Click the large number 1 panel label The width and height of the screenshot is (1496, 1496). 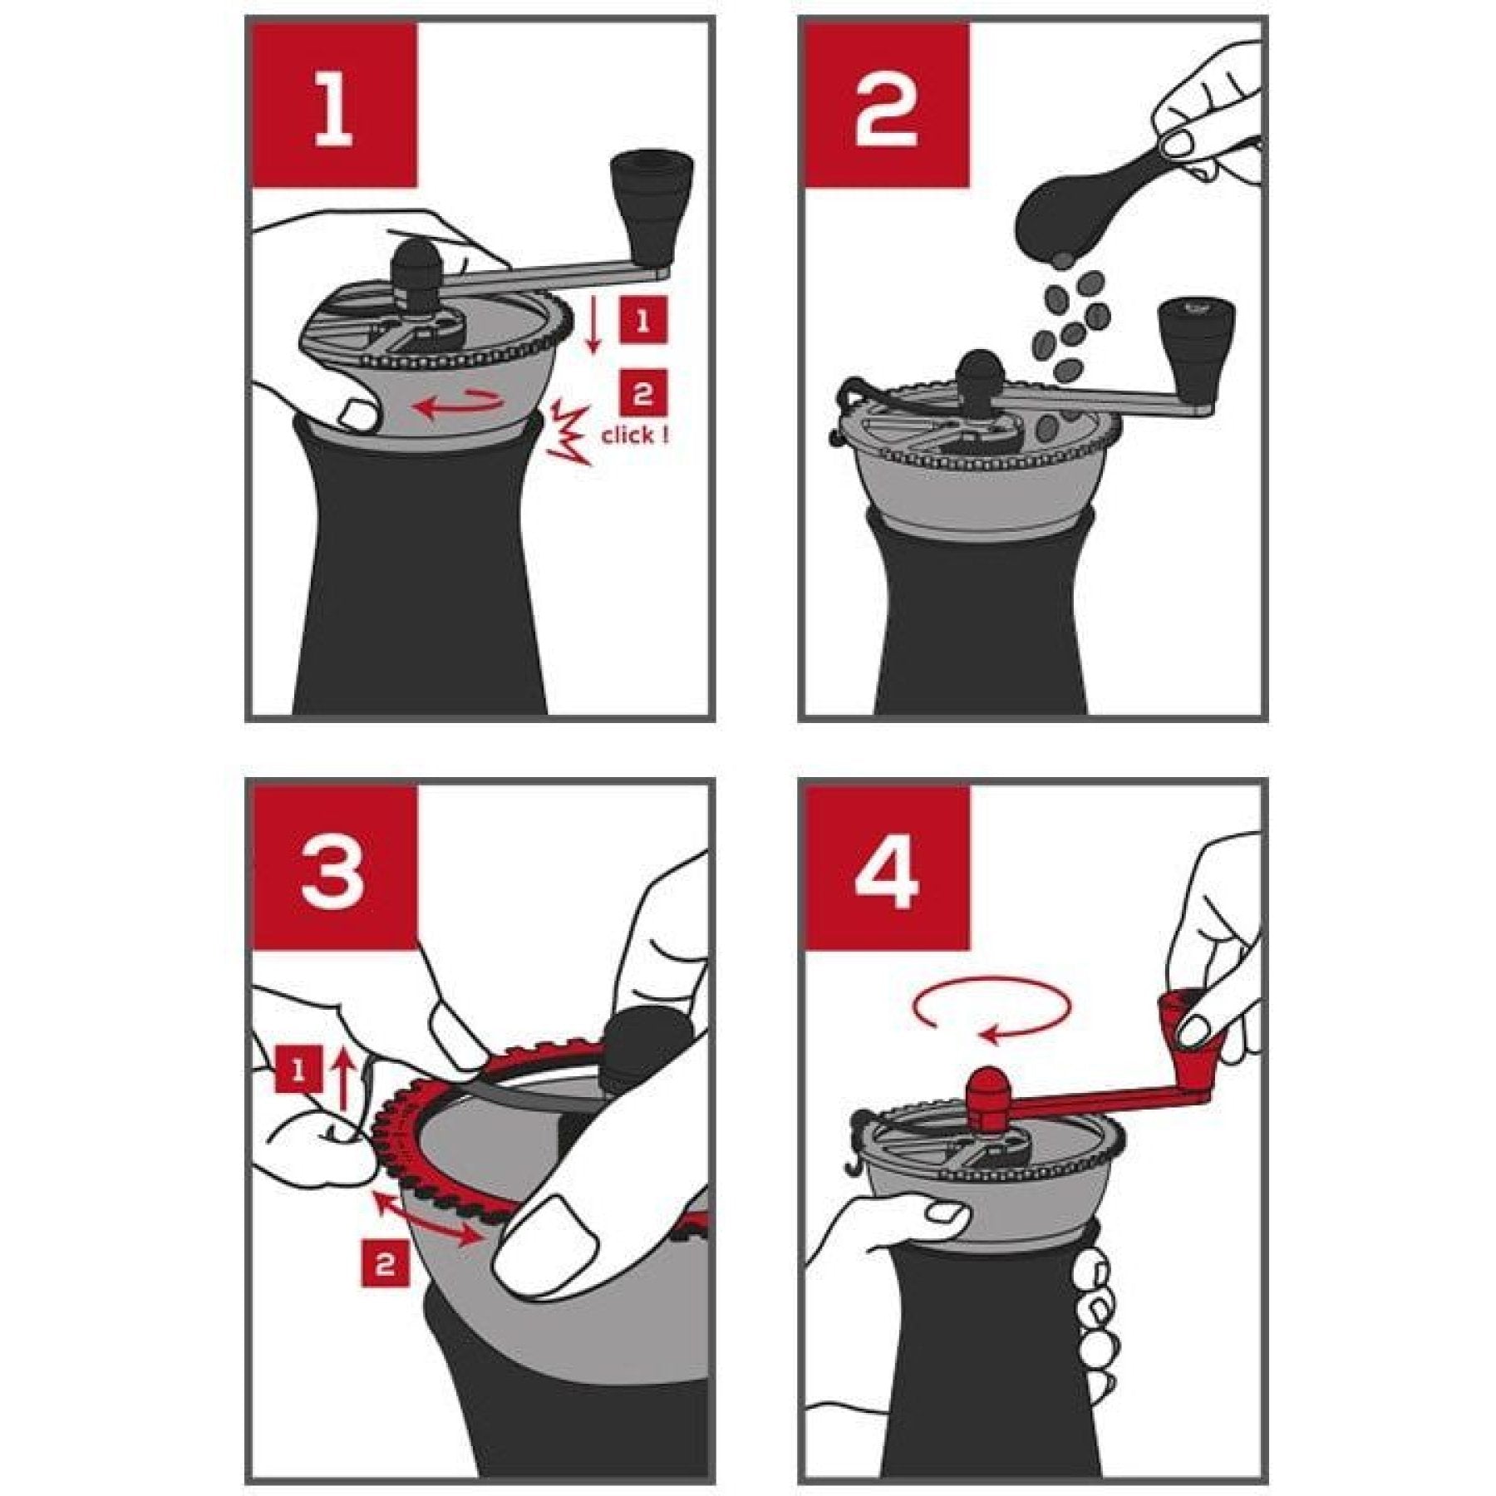pyautogui.click(x=332, y=106)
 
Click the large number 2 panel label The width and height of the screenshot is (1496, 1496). pyautogui.click(x=886, y=106)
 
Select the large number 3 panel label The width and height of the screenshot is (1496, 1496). pyautogui.click(x=332, y=866)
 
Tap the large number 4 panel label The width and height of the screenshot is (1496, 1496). pyautogui.click(x=886, y=866)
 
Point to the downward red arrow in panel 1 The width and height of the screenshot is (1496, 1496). pyautogui.click(x=593, y=327)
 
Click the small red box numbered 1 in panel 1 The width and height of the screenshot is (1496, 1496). pyautogui.click(x=642, y=321)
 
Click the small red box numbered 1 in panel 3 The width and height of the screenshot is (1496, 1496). pyautogui.click(x=298, y=1070)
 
